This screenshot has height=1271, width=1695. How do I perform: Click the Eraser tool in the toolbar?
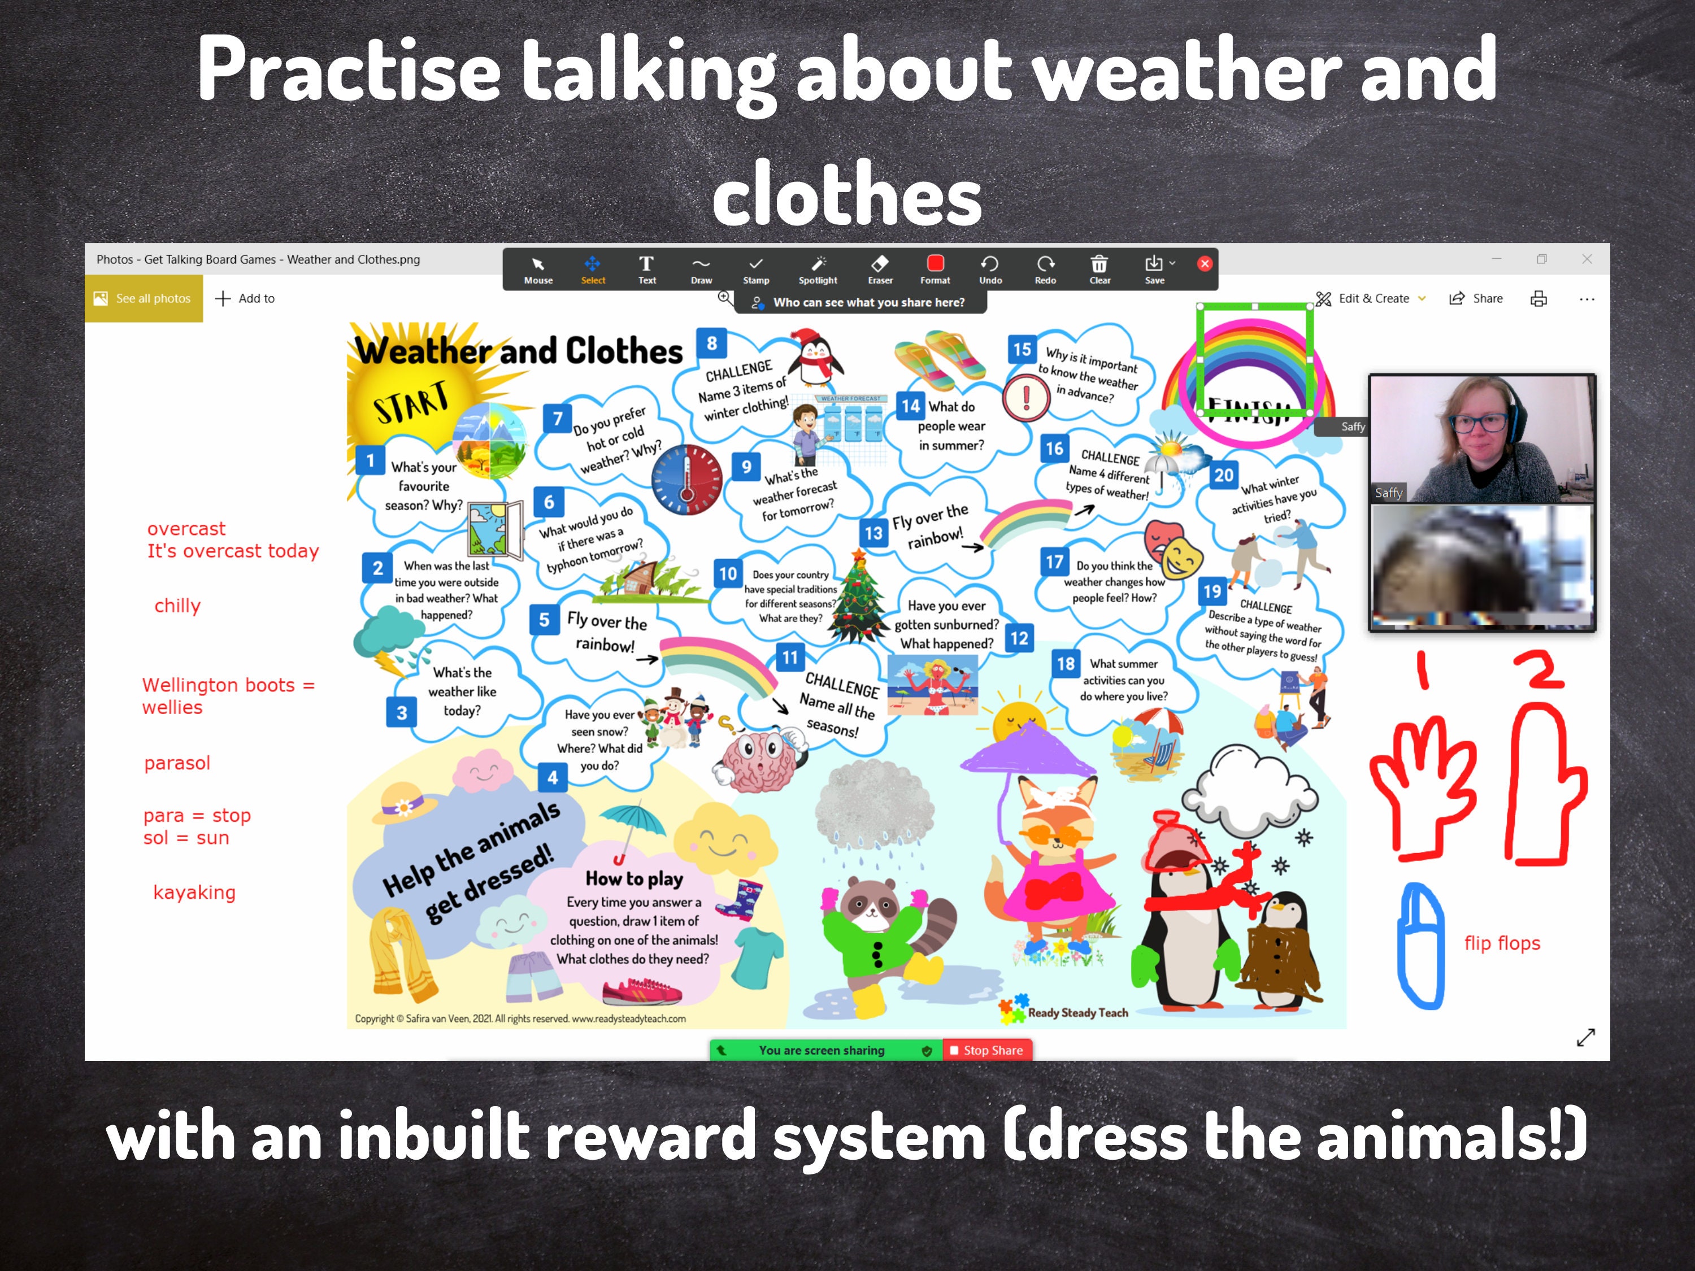tap(880, 269)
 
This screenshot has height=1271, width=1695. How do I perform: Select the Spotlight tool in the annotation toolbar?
tap(818, 269)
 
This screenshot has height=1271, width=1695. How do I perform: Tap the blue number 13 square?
tap(873, 533)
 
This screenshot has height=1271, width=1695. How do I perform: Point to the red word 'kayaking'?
tap(194, 893)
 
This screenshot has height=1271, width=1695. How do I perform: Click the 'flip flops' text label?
tap(1502, 943)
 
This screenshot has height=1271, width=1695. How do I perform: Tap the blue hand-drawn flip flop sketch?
tap(1422, 946)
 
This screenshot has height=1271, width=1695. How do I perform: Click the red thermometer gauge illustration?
tap(686, 480)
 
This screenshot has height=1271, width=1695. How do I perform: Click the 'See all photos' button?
tap(144, 299)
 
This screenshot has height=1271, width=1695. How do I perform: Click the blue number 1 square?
tap(370, 460)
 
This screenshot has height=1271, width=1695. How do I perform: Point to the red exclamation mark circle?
tap(1026, 398)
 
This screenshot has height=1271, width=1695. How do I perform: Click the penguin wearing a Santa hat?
tap(818, 356)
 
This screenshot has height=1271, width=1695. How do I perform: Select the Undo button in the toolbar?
tap(990, 269)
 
